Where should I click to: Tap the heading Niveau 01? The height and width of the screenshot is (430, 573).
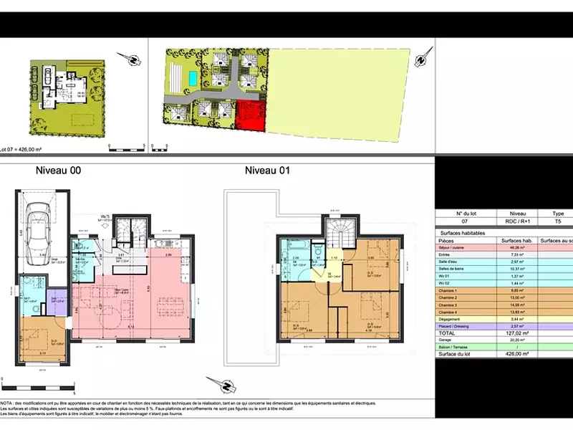(x=267, y=171)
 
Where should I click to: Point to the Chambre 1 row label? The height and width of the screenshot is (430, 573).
(x=451, y=291)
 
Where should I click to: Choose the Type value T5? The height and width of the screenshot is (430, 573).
(x=558, y=222)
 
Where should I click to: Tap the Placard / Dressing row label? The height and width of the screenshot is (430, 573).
(x=456, y=325)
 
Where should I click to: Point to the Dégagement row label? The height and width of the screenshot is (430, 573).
(x=451, y=319)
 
